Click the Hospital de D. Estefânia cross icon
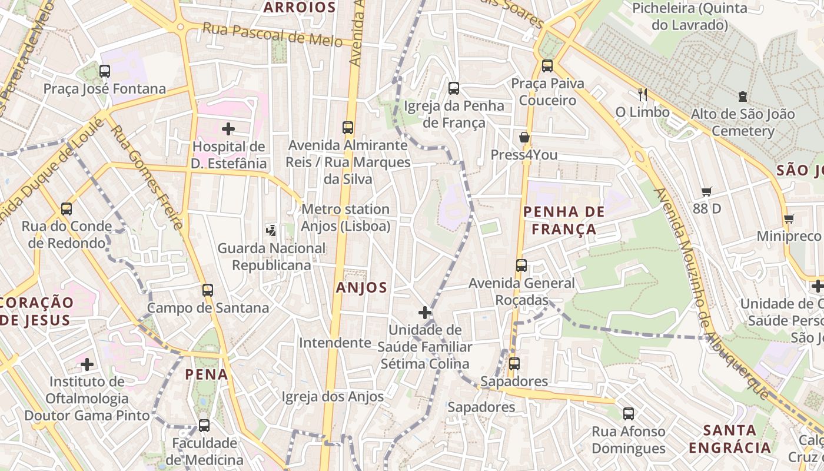228,128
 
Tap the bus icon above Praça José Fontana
105,71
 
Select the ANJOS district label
361,288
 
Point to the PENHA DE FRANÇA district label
564,220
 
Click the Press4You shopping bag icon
524,138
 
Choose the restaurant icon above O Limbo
643,94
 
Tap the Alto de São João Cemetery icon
743,97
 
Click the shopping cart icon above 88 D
707,191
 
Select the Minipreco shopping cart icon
789,219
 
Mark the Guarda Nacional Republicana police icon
271,230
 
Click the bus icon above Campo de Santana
208,290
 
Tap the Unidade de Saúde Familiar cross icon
425,312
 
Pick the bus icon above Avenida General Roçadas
521,266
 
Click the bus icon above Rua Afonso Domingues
629,414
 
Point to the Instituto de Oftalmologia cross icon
87,364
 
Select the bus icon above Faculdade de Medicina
204,425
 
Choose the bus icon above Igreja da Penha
454,88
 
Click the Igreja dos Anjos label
333,397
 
